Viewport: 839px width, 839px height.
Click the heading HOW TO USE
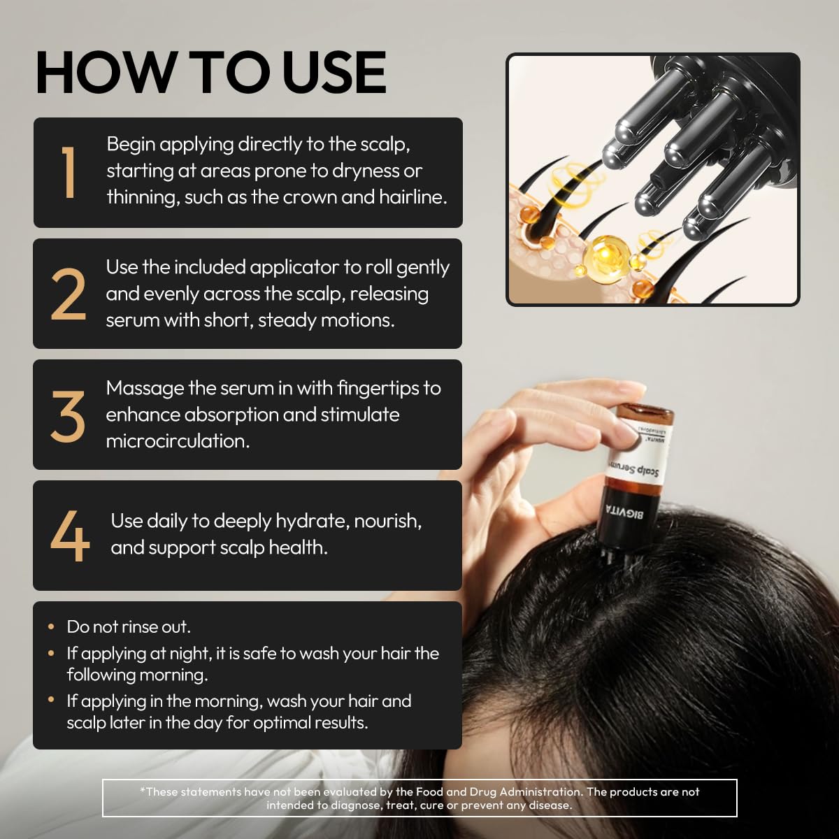tap(210, 73)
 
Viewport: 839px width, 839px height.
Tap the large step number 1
tap(69, 173)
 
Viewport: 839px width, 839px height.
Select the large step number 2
tap(69, 294)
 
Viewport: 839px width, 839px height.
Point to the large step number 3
tap(69, 415)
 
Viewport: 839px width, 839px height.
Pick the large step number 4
tap(70, 536)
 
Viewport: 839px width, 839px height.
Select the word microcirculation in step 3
tap(177, 441)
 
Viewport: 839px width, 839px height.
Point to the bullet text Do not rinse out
tap(129, 626)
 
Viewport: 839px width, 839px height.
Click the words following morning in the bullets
tap(137, 675)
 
